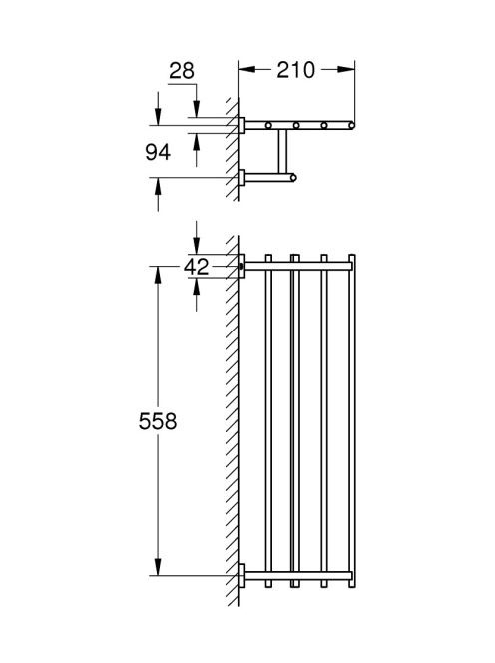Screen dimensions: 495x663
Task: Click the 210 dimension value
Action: (x=295, y=70)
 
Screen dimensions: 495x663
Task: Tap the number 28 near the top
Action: (x=182, y=71)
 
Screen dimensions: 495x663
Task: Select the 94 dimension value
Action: (x=158, y=152)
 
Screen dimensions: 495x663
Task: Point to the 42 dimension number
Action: (x=197, y=267)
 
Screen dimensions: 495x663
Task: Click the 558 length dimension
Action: (x=158, y=421)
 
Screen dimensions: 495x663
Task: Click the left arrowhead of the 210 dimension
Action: (x=247, y=69)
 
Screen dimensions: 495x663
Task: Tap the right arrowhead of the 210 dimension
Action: (x=346, y=69)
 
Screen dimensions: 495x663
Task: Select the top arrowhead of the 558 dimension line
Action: (x=158, y=275)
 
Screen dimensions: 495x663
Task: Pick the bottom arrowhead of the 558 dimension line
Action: (x=158, y=567)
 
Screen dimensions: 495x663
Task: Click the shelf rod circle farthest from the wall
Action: (x=351, y=125)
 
